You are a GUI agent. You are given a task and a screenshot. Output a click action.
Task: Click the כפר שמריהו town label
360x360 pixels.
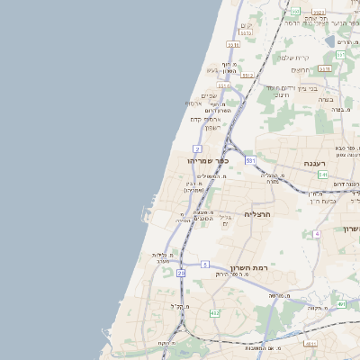(x=209, y=160)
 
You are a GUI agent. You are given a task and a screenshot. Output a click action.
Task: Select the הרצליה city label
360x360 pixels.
(x=257, y=214)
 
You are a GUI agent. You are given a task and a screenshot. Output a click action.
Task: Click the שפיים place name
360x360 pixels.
(x=209, y=96)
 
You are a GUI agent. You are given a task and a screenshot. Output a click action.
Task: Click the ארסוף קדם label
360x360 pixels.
(x=205, y=119)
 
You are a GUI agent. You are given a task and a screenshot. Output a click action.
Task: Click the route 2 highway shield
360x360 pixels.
(x=196, y=147)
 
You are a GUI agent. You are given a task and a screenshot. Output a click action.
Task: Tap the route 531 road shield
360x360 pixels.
(x=250, y=161)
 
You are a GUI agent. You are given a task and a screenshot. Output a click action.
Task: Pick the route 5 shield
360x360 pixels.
(x=205, y=265)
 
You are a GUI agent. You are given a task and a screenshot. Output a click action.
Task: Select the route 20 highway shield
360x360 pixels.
(x=181, y=272)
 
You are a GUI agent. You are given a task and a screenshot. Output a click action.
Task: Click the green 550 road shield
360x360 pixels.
(x=341, y=55)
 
